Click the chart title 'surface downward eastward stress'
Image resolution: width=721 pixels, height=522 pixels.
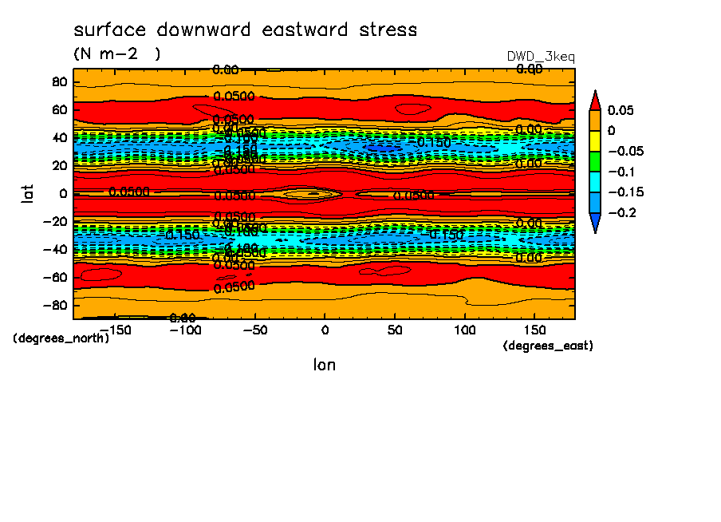[x=245, y=30]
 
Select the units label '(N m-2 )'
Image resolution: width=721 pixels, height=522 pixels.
[x=116, y=54]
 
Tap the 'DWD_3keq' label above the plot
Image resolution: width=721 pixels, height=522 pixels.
[x=541, y=57]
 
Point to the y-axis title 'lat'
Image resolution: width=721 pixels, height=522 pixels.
[x=29, y=192]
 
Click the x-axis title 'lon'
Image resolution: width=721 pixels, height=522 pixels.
[x=324, y=365]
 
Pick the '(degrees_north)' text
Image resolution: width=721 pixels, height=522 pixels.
[x=61, y=338]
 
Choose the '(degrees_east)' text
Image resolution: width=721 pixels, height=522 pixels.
[x=548, y=346]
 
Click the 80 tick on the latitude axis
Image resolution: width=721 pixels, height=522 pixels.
[x=59, y=81]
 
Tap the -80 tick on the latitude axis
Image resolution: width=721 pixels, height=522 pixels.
[x=54, y=305]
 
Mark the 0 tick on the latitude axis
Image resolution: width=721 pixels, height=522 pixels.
[x=62, y=193]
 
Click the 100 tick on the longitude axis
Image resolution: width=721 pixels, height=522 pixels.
[x=464, y=330]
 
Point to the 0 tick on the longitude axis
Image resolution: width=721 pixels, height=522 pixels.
[x=324, y=330]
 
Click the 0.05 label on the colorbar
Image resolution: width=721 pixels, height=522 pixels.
[x=620, y=110]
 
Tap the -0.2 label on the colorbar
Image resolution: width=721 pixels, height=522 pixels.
[x=622, y=213]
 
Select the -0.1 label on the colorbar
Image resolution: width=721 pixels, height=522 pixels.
[x=622, y=172]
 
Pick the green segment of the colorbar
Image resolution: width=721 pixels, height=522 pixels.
[x=594, y=161]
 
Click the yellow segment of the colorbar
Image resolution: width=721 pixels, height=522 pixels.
[x=594, y=140]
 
